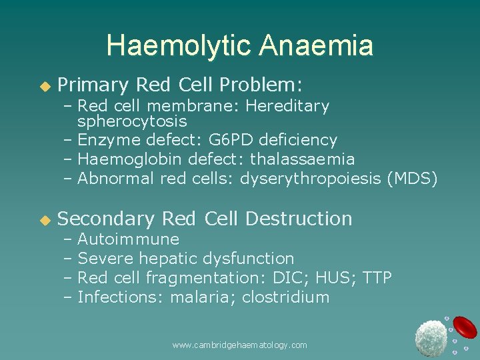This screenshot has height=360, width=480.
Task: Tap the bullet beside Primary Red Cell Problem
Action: tap(45, 86)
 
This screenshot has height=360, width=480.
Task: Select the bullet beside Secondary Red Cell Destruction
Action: tap(45, 219)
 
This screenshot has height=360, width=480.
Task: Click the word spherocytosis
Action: tap(132, 122)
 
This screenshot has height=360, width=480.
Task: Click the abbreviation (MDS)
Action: tap(418, 179)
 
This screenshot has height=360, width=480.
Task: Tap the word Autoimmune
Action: tap(128, 239)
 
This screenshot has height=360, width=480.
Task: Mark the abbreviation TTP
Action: tap(377, 278)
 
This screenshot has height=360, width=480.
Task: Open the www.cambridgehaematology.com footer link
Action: tap(239, 345)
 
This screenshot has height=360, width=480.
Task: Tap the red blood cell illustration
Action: tap(465, 327)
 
